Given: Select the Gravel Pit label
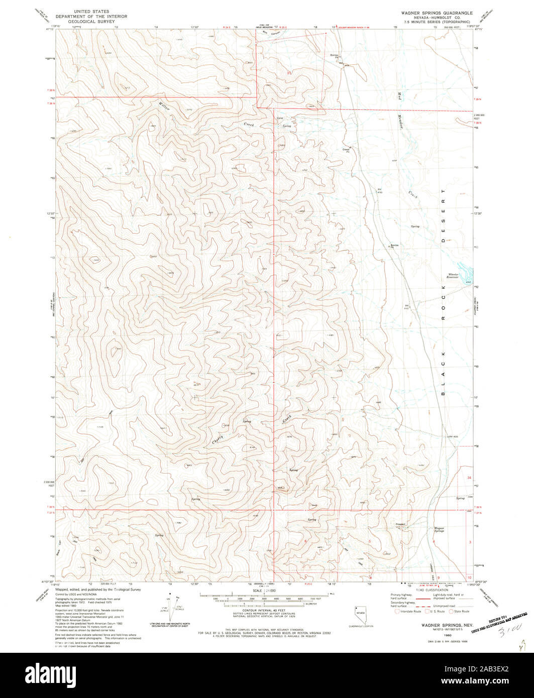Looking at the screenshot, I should [x=346, y=150].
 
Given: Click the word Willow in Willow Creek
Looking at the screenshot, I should [x=164, y=106].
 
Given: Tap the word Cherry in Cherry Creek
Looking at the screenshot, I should [x=217, y=439].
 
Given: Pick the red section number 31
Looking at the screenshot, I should [x=288, y=73].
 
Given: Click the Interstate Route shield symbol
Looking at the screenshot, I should [x=398, y=611].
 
